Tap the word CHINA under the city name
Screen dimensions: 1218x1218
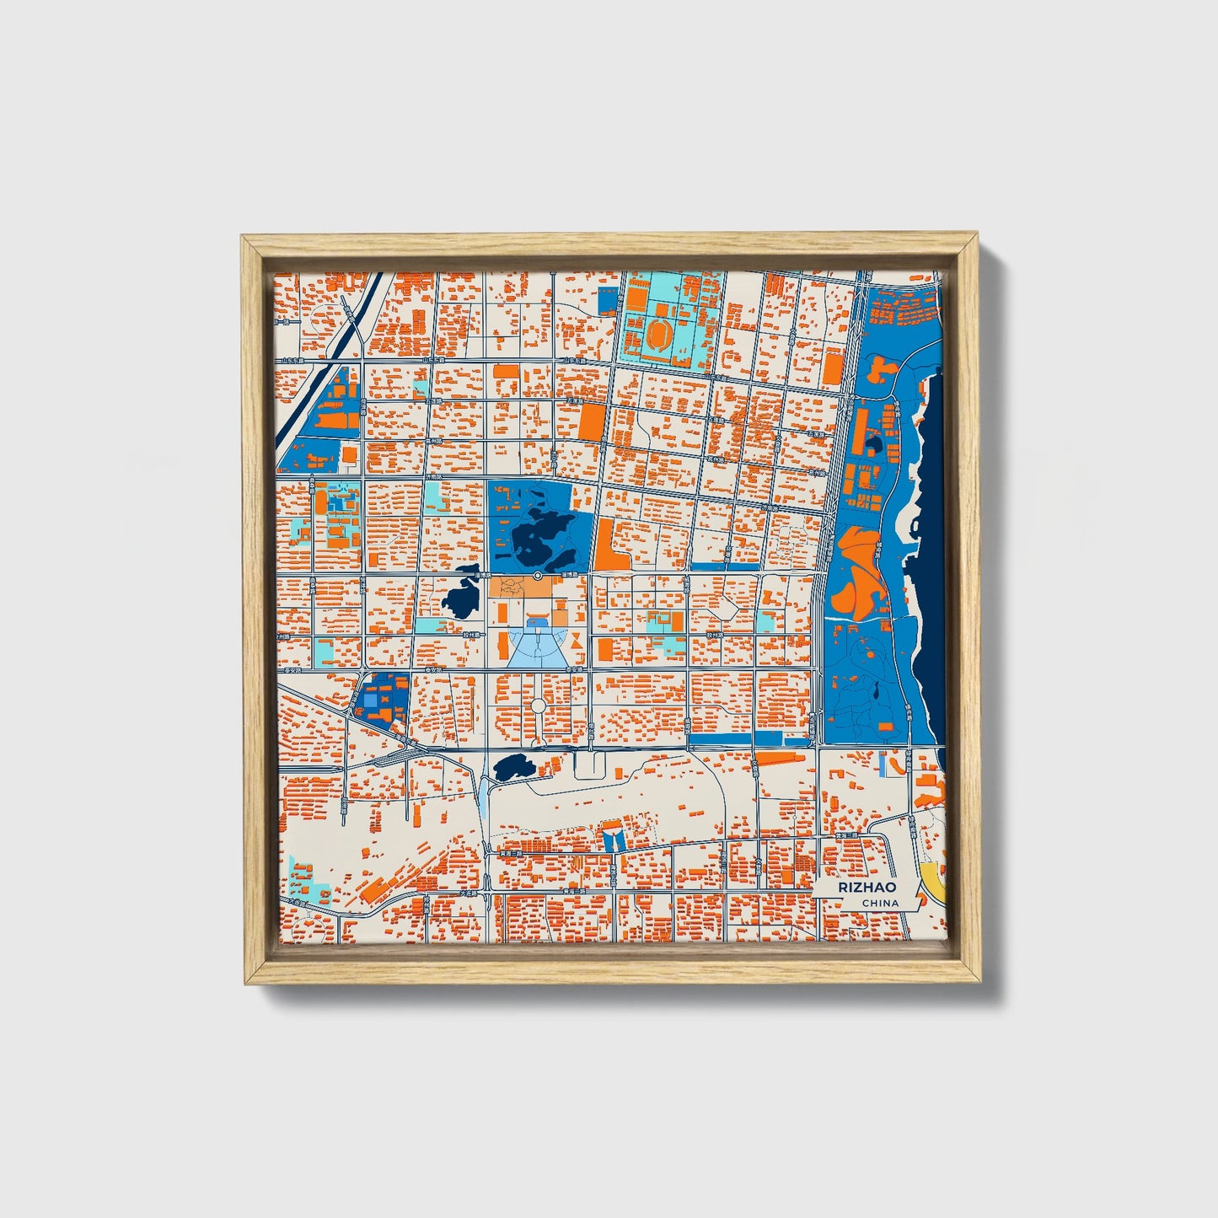[x=879, y=903]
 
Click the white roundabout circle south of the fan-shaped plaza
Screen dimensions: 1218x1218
[x=539, y=705]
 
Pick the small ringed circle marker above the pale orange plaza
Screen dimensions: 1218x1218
[x=537, y=575]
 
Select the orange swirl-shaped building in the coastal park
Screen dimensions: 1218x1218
[x=856, y=573]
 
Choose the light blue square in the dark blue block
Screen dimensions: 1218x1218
[x=372, y=699]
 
